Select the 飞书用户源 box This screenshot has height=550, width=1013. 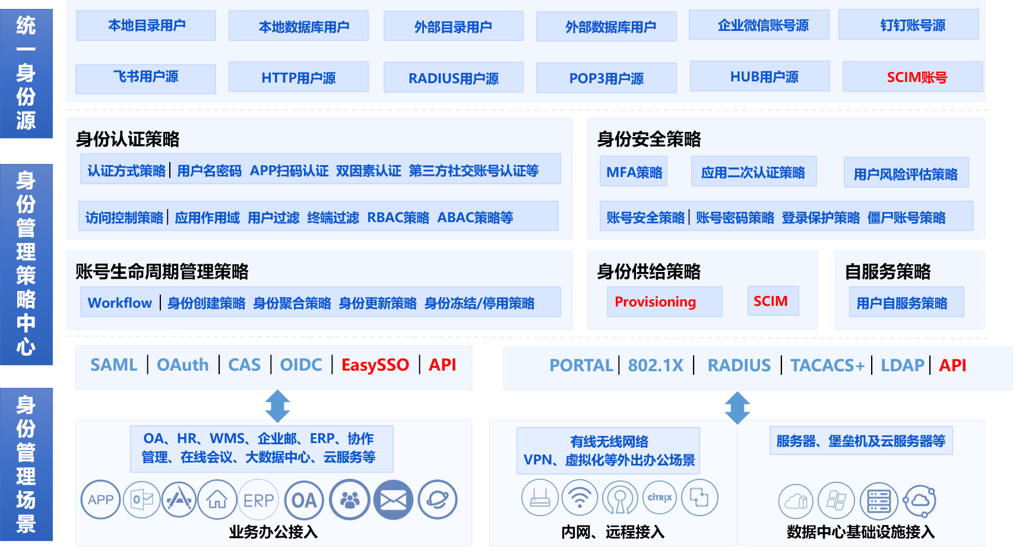coord(146,77)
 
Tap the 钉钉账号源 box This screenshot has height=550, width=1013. coord(908,26)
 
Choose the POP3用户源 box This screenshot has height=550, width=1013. coord(606,78)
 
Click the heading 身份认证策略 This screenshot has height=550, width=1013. coord(128,139)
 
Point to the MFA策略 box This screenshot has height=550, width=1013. coord(634,172)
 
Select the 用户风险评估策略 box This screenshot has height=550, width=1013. coord(906,173)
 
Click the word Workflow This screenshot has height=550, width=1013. coord(120,303)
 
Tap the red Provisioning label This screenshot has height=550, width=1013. coord(655,302)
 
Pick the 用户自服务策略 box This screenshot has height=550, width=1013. coord(901,303)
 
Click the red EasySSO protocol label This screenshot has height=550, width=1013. coord(375,365)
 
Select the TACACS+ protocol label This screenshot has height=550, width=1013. coord(827,365)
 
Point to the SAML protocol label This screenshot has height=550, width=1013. coord(113,365)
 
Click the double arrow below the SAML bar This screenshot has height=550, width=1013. coord(277,406)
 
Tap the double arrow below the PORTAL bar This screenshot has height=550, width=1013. coord(737,407)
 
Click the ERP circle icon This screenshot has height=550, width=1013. coord(258,500)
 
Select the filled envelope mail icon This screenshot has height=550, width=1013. coord(393,500)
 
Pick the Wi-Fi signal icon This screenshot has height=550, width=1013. coord(580,498)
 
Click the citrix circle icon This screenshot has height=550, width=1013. coord(660,498)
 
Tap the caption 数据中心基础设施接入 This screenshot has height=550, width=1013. coord(860,532)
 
